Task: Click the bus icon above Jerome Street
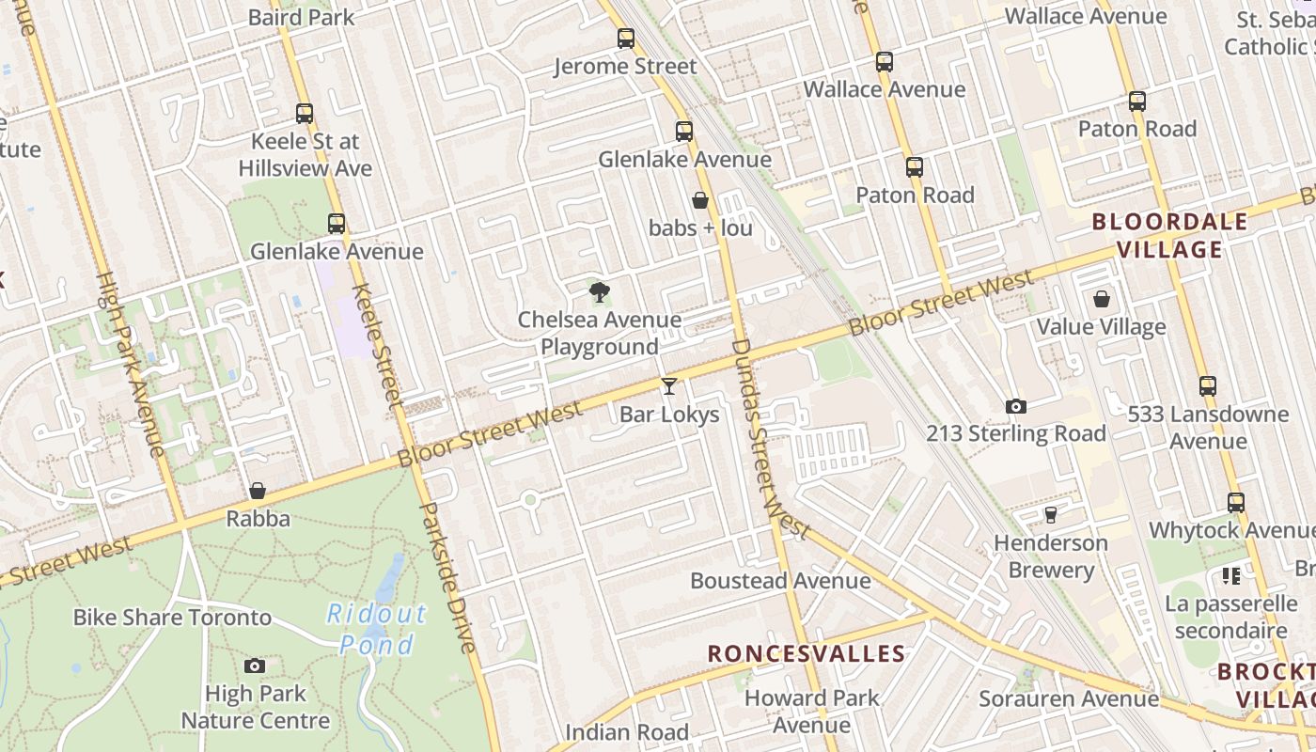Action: click(626, 39)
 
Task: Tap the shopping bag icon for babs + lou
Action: click(700, 200)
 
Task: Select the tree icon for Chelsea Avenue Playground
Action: click(599, 292)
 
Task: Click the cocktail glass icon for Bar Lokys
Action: click(668, 385)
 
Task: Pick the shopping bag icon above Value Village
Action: click(1101, 299)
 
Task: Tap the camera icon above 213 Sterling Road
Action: click(1015, 406)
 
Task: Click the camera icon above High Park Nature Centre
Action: click(255, 666)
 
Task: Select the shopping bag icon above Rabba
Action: click(258, 491)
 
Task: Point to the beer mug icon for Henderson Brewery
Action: click(1050, 515)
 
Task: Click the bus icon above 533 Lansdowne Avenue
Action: click(1208, 385)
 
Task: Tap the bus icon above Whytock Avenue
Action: click(1236, 503)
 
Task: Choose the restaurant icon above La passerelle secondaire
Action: click(1230, 575)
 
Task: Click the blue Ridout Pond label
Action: click(376, 629)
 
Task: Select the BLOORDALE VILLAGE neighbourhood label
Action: click(1169, 236)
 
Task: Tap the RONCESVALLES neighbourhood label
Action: click(807, 653)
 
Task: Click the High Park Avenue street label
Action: click(131, 364)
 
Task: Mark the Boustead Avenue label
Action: click(780, 581)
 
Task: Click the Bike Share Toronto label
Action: click(172, 618)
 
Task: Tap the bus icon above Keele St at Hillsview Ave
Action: click(305, 114)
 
